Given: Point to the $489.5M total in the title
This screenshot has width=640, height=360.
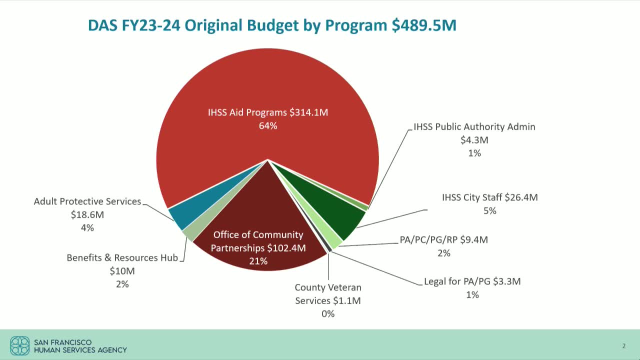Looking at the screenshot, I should tap(424, 25).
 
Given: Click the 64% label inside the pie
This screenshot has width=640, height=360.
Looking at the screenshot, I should tap(268, 126).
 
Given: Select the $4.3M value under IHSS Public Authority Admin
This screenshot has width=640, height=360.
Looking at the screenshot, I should tap(474, 140).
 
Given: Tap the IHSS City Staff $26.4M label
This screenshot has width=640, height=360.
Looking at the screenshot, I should tap(489, 197).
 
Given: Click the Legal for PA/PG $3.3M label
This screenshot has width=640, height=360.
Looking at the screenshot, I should tap(472, 281).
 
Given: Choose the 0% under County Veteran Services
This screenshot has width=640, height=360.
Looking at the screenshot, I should tap(328, 314).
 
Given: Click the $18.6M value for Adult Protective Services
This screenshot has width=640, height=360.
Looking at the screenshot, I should tap(87, 214).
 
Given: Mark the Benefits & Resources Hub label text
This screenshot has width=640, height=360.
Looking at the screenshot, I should tap(122, 258).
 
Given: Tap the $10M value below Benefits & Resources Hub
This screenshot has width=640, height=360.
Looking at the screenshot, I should tap(122, 271).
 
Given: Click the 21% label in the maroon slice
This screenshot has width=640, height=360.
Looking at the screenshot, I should tap(258, 261).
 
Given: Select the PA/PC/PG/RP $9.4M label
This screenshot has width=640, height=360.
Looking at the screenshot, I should tap(443, 240).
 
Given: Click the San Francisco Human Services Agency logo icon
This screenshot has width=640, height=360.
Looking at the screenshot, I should tap(20, 345).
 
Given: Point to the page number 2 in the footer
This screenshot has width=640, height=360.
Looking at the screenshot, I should tap(623, 346).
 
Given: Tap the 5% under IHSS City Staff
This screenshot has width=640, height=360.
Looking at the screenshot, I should tap(489, 211).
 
